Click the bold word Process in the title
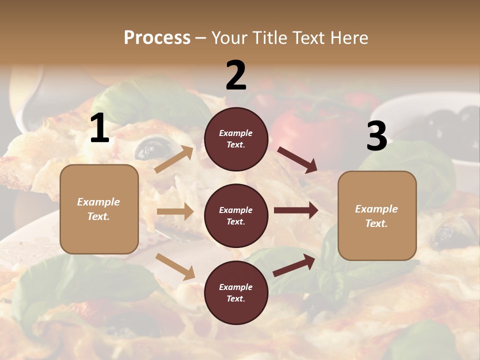click(157, 37)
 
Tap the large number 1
click(99, 128)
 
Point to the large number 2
click(236, 75)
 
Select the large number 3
click(376, 136)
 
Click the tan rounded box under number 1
click(99, 209)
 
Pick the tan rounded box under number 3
click(377, 215)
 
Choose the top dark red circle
click(236, 139)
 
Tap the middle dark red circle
click(236, 215)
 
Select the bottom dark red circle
click(236, 292)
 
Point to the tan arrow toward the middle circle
click(175, 211)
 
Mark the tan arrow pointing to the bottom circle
click(175, 266)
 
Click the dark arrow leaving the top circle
click(297, 159)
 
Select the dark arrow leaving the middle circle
click(296, 210)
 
